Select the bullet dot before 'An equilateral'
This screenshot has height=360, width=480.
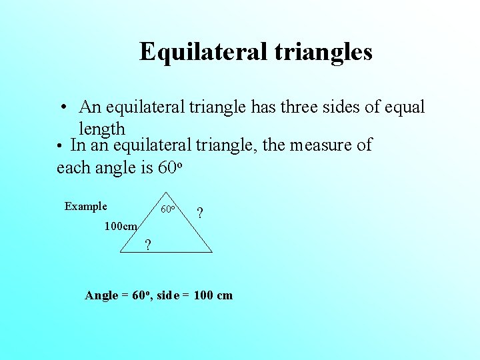coord(61,108)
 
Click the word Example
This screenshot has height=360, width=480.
coord(85,206)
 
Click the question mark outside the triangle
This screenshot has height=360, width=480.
coord(200,214)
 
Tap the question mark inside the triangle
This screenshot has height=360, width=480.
coord(147,245)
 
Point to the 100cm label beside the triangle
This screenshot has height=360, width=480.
coord(121,226)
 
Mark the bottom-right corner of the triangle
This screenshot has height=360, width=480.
coord(212,252)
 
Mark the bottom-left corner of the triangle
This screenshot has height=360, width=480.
coord(120,252)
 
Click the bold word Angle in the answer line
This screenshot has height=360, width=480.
coord(101,295)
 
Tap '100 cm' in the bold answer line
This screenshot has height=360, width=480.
coord(213,295)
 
